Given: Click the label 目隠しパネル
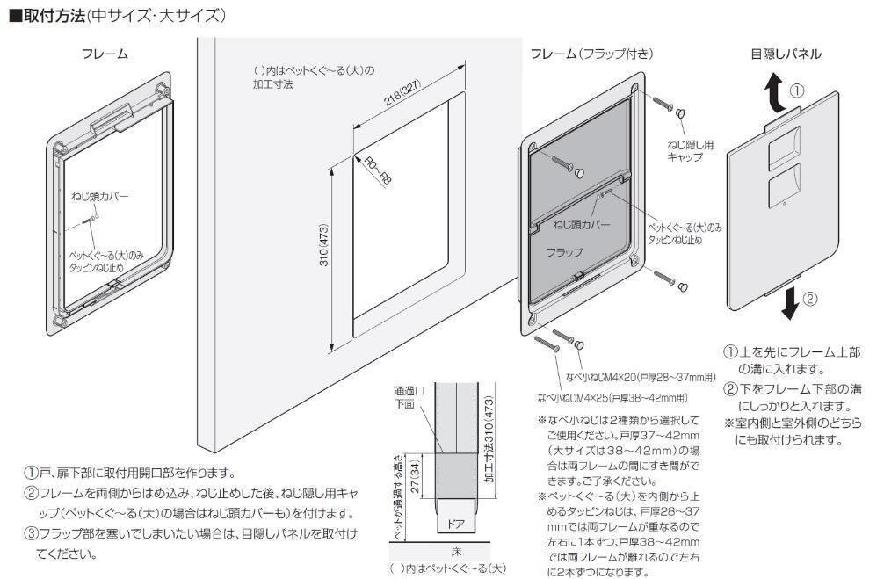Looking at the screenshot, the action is (x=786, y=54).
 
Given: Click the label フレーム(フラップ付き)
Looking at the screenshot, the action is (x=591, y=54).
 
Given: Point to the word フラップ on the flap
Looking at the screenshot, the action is (x=564, y=252).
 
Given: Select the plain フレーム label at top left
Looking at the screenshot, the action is (x=105, y=54).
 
